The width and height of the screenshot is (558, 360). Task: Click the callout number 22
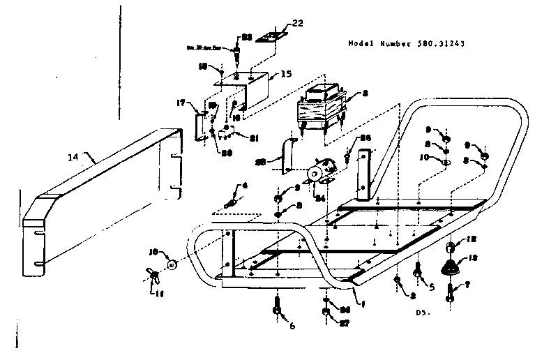coord(298,23)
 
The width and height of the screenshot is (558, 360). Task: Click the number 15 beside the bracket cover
coord(287,74)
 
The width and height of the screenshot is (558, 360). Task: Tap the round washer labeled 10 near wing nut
coord(171,265)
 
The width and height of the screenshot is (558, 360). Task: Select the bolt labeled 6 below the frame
coord(277,308)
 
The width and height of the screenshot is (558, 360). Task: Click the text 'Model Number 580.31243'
coord(407,43)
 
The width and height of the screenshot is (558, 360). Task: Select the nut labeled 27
coord(326,323)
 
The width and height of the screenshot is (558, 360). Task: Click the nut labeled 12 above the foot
coord(451,246)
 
